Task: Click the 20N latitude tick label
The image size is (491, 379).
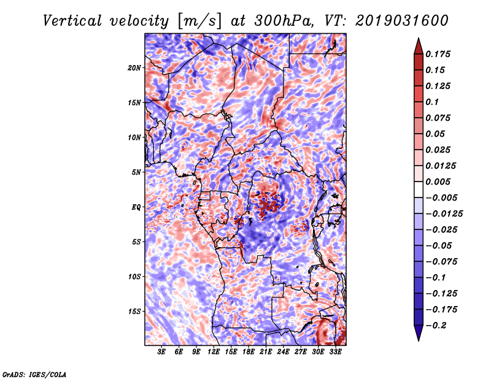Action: [x=135, y=67]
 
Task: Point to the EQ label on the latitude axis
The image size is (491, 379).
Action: [x=136, y=207]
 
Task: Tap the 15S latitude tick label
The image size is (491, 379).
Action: [x=135, y=311]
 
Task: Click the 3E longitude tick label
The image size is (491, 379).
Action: [x=162, y=352]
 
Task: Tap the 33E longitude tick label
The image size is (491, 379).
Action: [x=336, y=352]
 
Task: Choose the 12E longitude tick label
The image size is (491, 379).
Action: [x=214, y=352]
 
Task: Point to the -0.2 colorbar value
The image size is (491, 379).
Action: [x=438, y=325]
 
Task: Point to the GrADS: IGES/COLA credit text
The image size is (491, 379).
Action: [x=34, y=373]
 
